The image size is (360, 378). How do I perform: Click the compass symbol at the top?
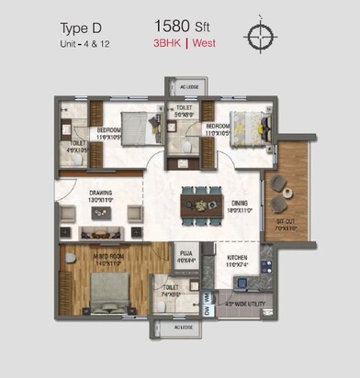coord(259,35)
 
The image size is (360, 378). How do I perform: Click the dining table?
coord(201,202)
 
